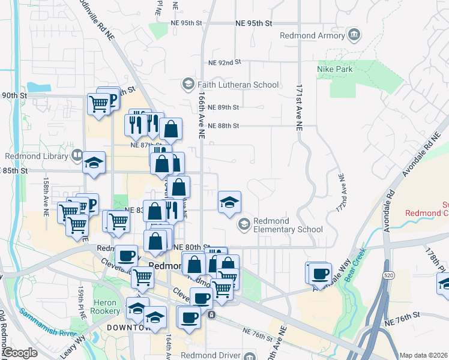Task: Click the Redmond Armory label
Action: coord(312,35)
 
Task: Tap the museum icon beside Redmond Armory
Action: coord(354,35)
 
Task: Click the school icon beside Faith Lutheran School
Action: coord(188,83)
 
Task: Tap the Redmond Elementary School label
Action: coord(288,225)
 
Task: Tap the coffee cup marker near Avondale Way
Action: coord(320,274)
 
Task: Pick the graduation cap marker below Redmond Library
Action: coord(94,163)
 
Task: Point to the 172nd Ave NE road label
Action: coord(342,192)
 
